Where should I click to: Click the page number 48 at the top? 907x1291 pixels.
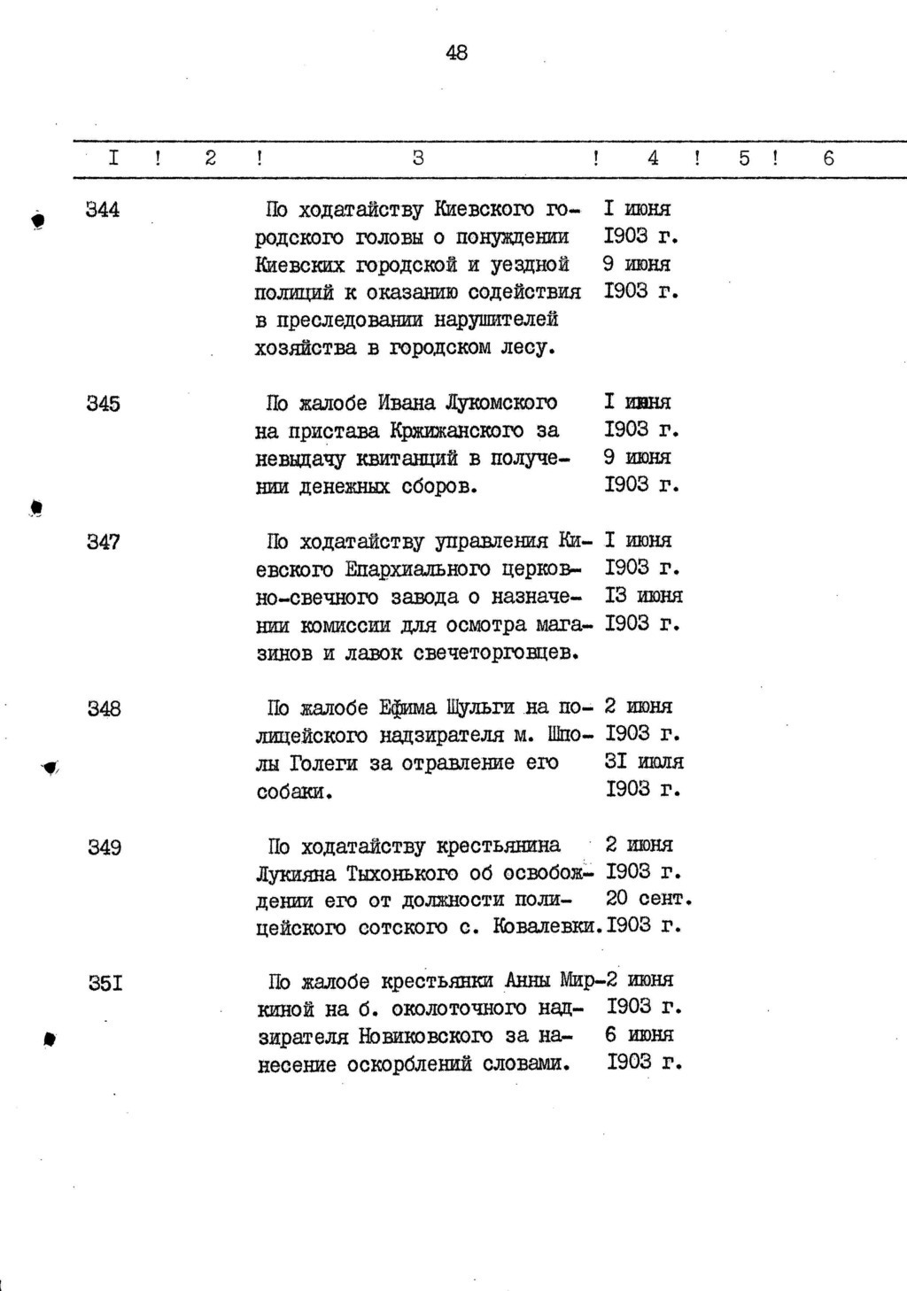(x=456, y=53)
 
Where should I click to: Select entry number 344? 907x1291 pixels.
(x=104, y=210)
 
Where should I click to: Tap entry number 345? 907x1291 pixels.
(x=104, y=404)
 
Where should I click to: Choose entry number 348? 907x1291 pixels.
(x=104, y=708)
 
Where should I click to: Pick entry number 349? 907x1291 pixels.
(x=104, y=847)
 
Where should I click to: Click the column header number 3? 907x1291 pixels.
(x=418, y=158)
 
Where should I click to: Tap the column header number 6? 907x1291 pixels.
(x=828, y=158)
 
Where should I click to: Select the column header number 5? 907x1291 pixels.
(x=744, y=158)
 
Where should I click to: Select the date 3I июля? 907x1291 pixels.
(x=644, y=761)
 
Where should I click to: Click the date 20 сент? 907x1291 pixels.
(x=647, y=899)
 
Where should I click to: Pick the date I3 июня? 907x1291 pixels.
(x=643, y=596)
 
